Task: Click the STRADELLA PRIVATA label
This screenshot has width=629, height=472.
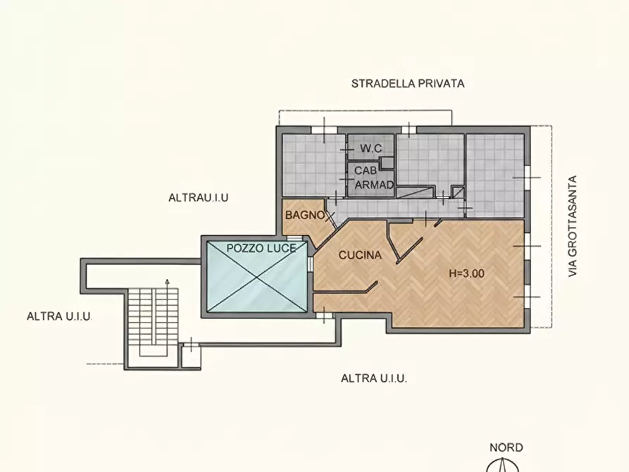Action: point(408,83)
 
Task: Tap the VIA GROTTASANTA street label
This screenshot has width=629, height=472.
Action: point(573,225)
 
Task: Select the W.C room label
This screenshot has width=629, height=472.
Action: point(370,149)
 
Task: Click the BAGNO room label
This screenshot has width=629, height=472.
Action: point(304,215)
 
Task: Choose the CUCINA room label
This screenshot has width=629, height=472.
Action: point(360,255)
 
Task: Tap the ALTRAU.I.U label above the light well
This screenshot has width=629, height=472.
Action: point(198,198)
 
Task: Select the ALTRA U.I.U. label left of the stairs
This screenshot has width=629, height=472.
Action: point(59,316)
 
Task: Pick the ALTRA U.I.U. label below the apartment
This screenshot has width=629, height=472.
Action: point(374,378)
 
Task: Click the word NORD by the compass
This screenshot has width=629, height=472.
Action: point(506,447)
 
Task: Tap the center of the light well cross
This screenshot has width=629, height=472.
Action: point(256,278)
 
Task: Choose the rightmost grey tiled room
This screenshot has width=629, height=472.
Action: point(495,175)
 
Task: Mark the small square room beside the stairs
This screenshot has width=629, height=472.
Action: point(190,356)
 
